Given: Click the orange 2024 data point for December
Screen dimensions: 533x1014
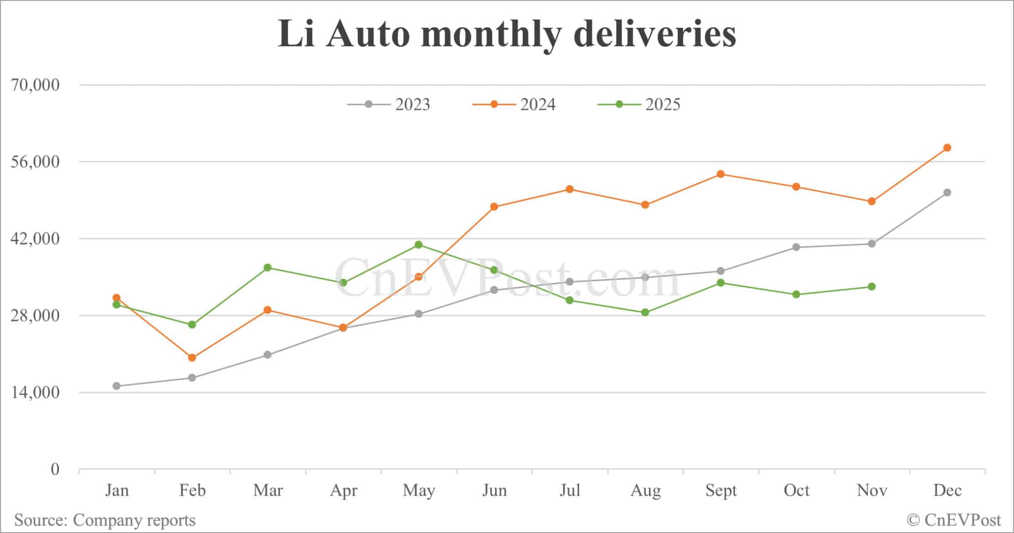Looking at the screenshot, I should coord(947,148).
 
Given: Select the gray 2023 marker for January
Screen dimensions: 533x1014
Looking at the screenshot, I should coord(116,386).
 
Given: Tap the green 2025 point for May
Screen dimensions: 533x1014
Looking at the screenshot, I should coord(418,244).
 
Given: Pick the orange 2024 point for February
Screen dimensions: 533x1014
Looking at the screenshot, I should coord(192,358).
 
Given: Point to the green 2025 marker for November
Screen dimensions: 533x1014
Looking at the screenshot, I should coord(872,287).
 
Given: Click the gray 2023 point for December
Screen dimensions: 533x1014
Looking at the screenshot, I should coord(947,193).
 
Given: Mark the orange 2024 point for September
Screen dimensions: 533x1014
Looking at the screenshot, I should coord(721,174).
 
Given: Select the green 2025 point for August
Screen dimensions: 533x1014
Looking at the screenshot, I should coord(645,312).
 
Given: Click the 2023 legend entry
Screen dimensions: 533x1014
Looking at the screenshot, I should coord(389,104).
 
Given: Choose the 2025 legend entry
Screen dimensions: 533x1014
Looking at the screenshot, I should coord(640,104).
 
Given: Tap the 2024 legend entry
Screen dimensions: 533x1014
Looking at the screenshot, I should coord(514,104).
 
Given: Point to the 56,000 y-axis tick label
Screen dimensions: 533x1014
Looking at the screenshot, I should coord(35,162).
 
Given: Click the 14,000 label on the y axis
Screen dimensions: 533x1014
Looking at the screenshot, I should coord(35,392).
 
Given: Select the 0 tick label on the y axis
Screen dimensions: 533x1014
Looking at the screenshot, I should coord(55,469).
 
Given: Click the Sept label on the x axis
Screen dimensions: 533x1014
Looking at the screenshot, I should coord(721,490).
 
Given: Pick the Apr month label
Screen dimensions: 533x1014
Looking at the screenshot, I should coord(344,490).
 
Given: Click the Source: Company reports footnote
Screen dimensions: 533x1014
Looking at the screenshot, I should coord(105,520).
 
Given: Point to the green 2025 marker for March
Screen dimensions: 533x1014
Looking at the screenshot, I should coord(267,268).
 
